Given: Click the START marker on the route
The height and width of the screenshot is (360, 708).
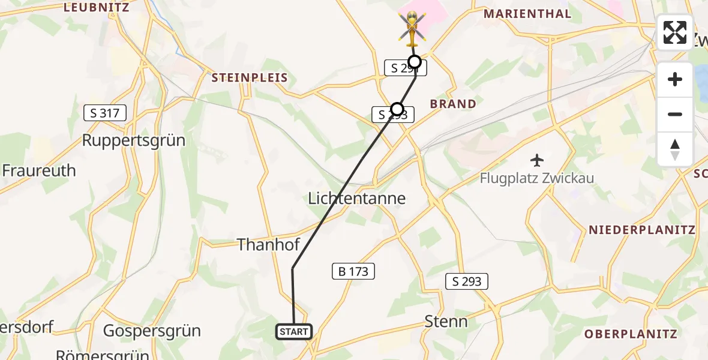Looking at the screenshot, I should [294, 331].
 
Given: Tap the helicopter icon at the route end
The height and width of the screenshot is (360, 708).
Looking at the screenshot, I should [412, 28].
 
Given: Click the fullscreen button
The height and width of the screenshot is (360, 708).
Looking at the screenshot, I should [675, 32].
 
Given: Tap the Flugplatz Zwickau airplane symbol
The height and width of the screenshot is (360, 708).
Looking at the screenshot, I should [536, 160].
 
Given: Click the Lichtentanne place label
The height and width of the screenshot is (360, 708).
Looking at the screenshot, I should [356, 198].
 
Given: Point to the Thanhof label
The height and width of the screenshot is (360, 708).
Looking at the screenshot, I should [268, 244].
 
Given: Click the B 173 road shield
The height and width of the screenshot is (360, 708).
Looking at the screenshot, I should [353, 271].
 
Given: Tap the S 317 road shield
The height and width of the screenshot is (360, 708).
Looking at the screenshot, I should [105, 112].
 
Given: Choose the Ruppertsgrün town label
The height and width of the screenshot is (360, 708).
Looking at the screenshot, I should [133, 140].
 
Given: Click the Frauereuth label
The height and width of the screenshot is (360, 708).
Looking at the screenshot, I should [39, 170].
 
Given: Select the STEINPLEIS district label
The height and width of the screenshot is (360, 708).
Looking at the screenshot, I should [249, 78].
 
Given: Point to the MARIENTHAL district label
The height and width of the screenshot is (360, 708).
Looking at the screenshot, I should [527, 14].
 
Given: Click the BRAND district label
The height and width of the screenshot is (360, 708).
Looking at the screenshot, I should [453, 104].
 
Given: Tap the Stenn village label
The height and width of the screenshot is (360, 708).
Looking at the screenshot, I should [446, 321].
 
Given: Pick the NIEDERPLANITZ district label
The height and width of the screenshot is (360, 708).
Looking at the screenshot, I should [641, 230].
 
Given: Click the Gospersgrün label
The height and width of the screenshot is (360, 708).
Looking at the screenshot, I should [152, 331].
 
